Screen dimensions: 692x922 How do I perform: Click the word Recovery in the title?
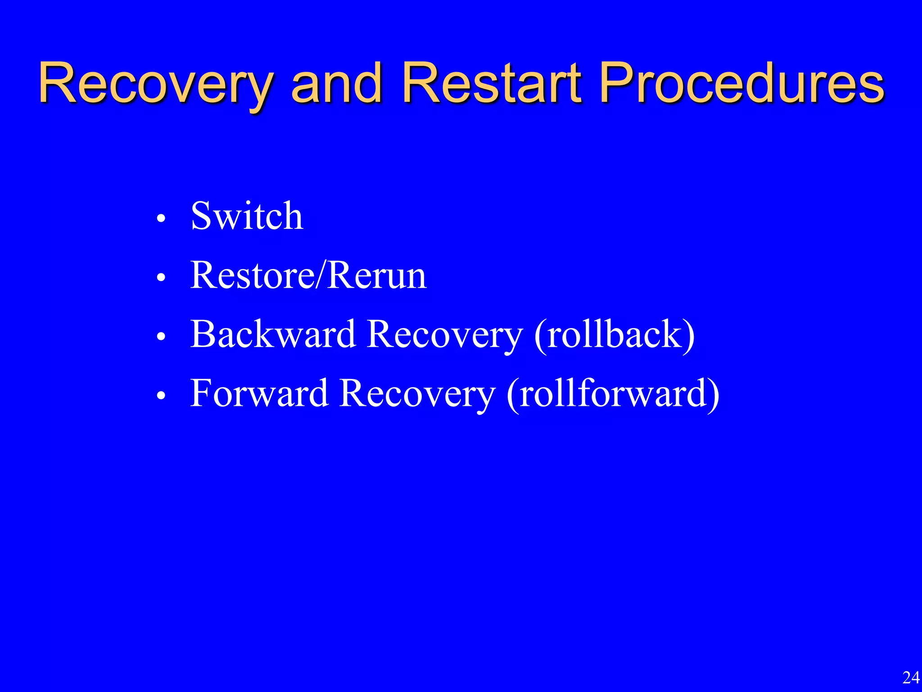155,85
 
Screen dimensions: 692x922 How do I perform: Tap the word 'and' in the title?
336,84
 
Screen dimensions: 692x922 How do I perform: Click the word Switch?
247,216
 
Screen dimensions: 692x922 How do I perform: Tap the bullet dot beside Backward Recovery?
161,337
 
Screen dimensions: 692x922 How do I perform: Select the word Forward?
259,393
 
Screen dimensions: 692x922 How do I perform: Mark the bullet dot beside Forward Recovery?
161,396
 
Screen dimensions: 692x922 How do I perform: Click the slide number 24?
911,678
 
